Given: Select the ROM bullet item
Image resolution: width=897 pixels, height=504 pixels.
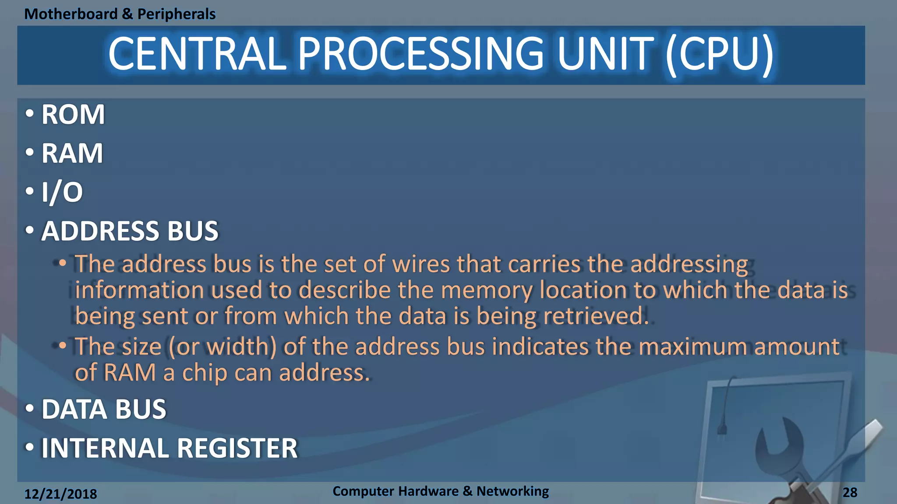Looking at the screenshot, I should pyautogui.click(x=73, y=115).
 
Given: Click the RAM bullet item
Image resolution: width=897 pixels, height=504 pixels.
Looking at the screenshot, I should pyautogui.click(x=72, y=154).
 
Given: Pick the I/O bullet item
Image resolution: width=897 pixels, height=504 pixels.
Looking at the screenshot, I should pyautogui.click(x=62, y=192).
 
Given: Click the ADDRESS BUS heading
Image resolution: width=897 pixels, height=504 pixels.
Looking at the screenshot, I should pyautogui.click(x=130, y=231).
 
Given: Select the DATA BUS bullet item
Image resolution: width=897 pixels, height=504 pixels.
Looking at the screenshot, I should pyautogui.click(x=104, y=409).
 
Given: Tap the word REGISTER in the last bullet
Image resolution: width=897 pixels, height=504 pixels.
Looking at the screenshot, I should pyautogui.click(x=237, y=448).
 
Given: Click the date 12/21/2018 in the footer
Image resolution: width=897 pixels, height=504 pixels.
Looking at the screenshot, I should pyautogui.click(x=60, y=494).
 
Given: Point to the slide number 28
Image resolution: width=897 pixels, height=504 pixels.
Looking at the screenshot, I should pyautogui.click(x=850, y=493).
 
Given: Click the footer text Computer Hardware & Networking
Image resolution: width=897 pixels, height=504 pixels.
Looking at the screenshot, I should pyautogui.click(x=441, y=491).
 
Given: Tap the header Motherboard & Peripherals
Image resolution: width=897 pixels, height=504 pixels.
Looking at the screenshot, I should pyautogui.click(x=120, y=14).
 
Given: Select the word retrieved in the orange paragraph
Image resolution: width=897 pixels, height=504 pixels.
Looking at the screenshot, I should pyautogui.click(x=596, y=316).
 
